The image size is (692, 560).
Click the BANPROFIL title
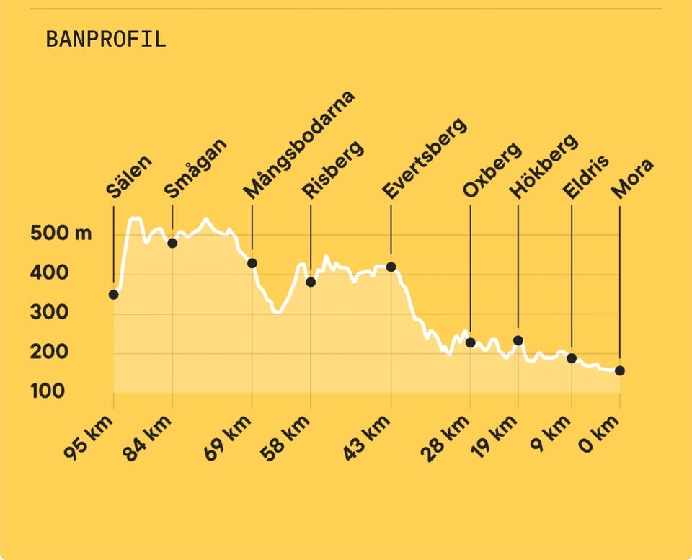(106, 39)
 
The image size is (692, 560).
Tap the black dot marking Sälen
(113, 294)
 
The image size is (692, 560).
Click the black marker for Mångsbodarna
(252, 263)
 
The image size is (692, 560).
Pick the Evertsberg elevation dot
(391, 267)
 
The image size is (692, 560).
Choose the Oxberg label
(492, 170)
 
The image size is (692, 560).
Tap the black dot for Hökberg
(518, 340)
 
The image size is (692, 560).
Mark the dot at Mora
(619, 370)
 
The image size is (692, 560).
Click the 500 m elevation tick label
(61, 234)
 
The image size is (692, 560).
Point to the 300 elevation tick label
(47, 313)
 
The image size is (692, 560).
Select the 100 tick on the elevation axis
(47, 391)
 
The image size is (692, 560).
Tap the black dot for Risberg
(311, 282)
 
